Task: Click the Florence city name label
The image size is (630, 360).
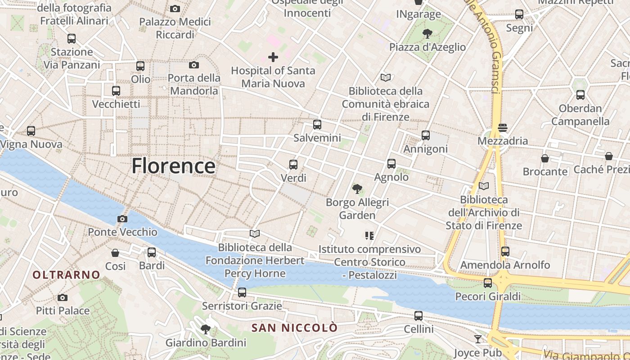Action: click(x=173, y=166)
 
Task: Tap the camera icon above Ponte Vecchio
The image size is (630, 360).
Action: click(x=122, y=219)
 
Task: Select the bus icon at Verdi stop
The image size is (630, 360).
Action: click(x=293, y=165)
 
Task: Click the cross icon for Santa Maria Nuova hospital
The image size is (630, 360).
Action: click(x=273, y=57)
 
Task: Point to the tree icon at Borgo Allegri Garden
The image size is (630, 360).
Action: click(x=357, y=189)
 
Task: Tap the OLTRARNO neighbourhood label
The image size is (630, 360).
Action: click(x=66, y=274)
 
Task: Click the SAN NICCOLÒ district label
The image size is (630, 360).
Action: click(x=294, y=328)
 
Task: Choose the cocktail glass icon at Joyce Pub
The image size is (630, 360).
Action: click(x=478, y=339)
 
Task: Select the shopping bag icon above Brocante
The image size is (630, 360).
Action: click(x=545, y=158)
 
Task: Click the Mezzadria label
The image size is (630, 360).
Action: click(x=503, y=141)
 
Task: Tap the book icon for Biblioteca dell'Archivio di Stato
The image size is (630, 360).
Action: click(x=484, y=186)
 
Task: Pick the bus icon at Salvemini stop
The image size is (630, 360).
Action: click(x=317, y=125)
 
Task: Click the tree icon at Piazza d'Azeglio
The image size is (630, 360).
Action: click(x=427, y=34)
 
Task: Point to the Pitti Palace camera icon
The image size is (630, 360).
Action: click(x=63, y=297)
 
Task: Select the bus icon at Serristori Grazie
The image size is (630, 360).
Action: click(x=242, y=292)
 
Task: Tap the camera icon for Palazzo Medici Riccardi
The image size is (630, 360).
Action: click(x=175, y=9)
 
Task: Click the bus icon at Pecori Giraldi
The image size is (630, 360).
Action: click(x=488, y=283)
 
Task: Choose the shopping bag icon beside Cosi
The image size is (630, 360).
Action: click(x=115, y=253)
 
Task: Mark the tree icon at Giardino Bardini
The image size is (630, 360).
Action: click(x=206, y=329)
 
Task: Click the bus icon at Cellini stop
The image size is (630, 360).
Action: click(x=418, y=316)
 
